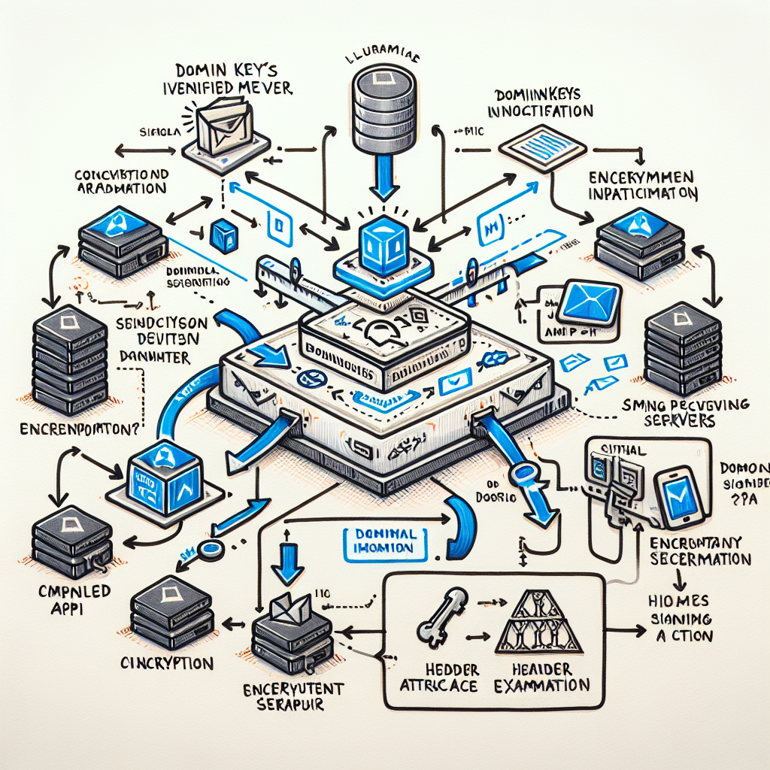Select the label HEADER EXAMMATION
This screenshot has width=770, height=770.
[x=541, y=677]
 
